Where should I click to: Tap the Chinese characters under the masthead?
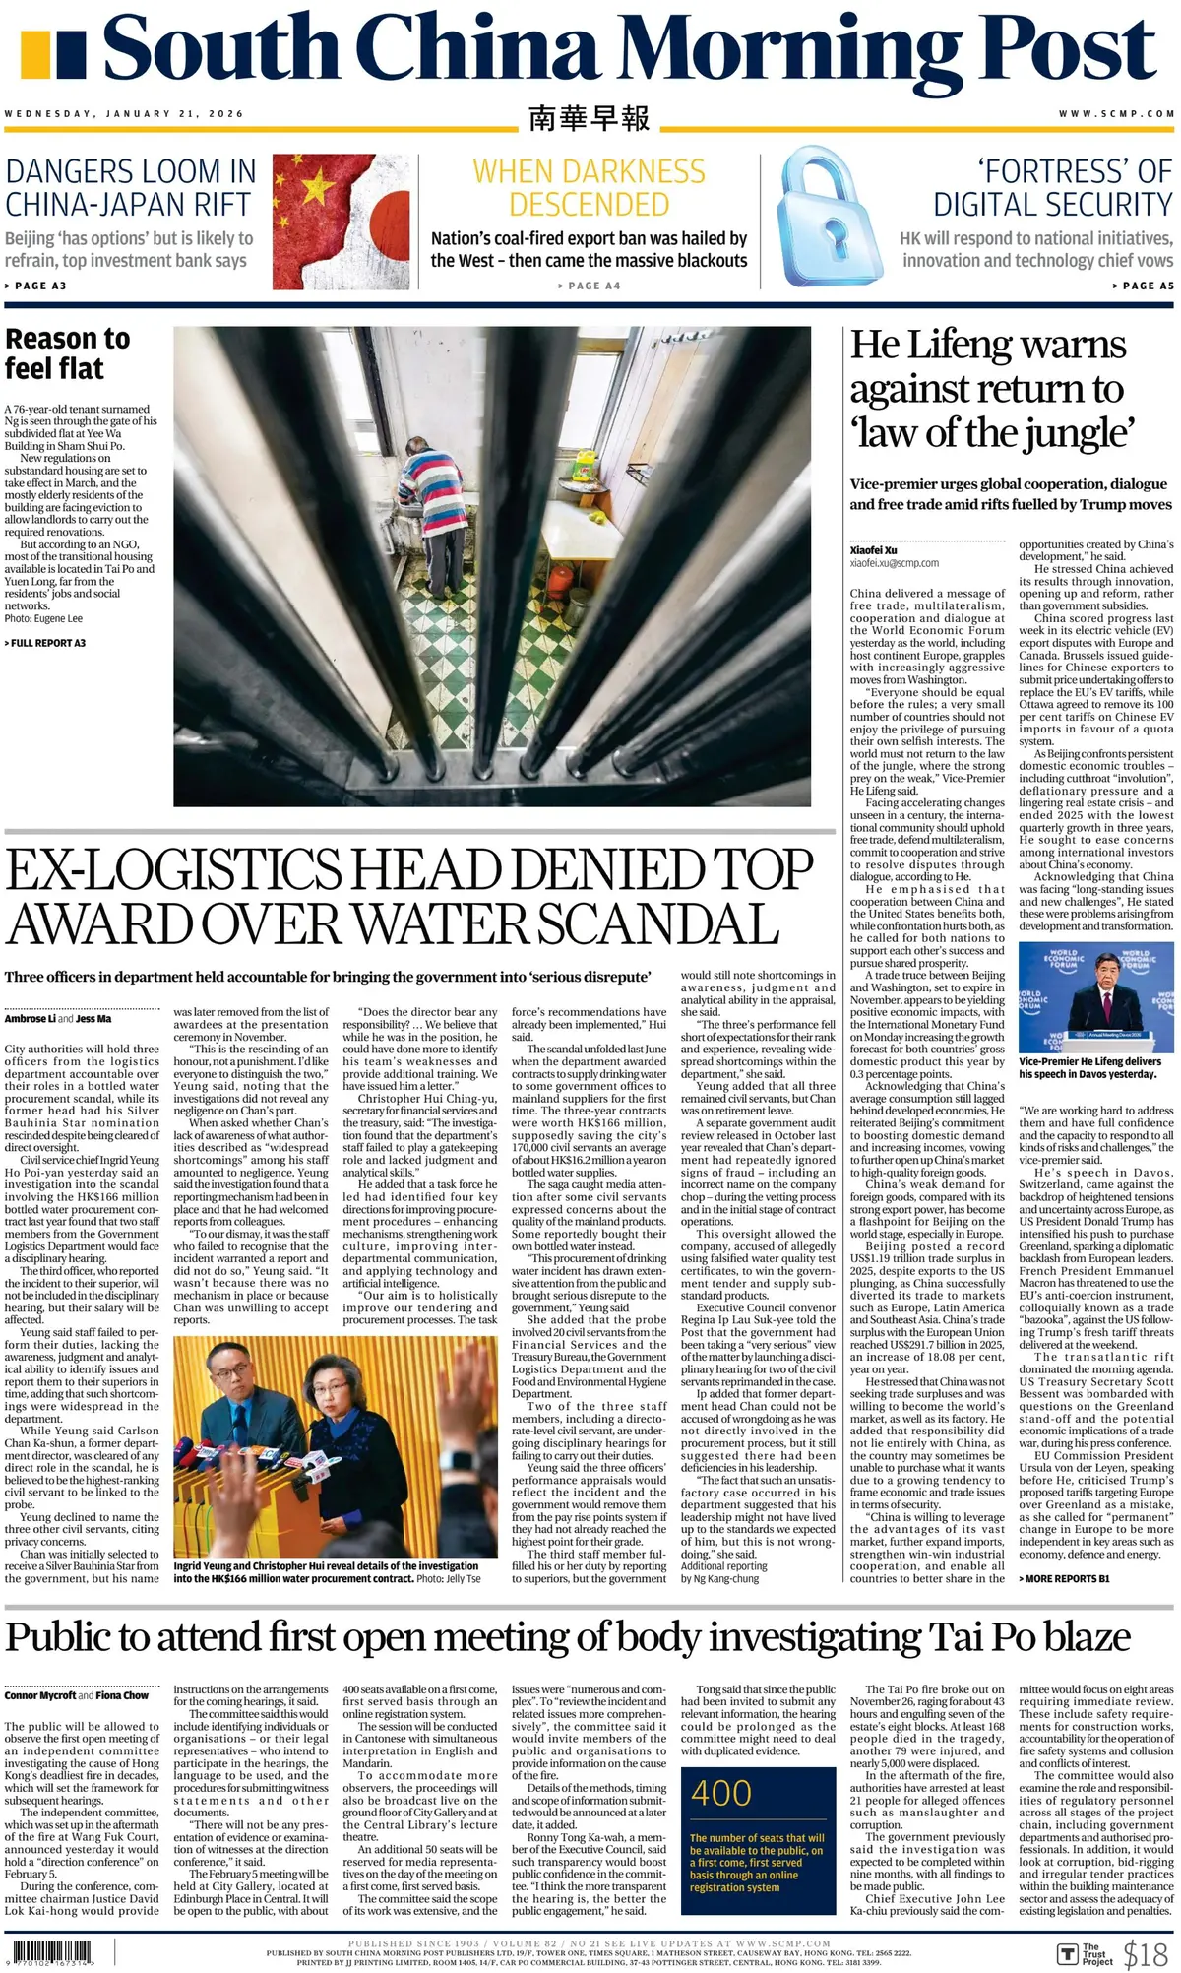(x=589, y=118)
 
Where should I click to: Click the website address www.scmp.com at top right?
(x=1116, y=114)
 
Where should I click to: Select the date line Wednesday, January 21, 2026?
(x=124, y=114)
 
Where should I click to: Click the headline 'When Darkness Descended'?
(x=589, y=188)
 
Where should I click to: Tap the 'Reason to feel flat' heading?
(x=67, y=353)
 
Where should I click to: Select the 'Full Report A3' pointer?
(x=45, y=643)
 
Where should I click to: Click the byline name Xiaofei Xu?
(x=873, y=550)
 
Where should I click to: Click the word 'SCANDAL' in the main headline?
(x=659, y=923)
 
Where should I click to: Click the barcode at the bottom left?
(x=50, y=1952)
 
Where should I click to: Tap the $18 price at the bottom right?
(x=1146, y=1953)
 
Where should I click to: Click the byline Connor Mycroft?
(x=39, y=1695)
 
